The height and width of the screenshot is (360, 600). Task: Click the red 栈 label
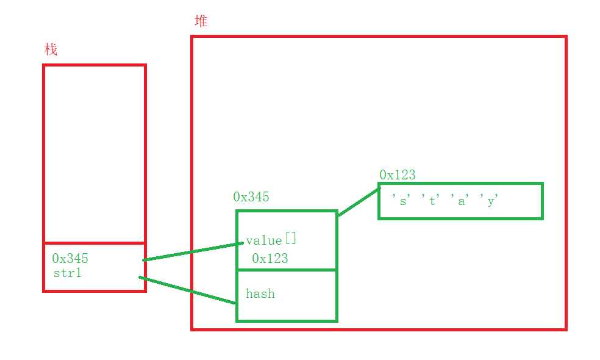pyautogui.click(x=51, y=49)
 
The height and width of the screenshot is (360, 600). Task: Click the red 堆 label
pyautogui.click(x=201, y=21)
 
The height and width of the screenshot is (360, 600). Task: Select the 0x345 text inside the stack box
pyautogui.click(x=70, y=259)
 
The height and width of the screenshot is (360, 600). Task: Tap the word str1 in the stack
pyautogui.click(x=67, y=273)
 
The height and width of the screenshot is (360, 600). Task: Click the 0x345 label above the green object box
pyautogui.click(x=251, y=196)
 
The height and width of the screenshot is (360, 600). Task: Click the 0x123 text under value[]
pyautogui.click(x=270, y=258)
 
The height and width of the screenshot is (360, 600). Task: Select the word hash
pyautogui.click(x=260, y=293)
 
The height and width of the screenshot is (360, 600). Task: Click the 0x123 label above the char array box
pyautogui.click(x=397, y=175)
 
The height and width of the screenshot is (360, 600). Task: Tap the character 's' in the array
pyautogui.click(x=402, y=200)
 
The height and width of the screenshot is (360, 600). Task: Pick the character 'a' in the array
pyautogui.click(x=462, y=200)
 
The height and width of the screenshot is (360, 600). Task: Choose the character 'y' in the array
pyautogui.click(x=491, y=200)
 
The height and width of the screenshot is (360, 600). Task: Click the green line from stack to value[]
pyautogui.click(x=193, y=252)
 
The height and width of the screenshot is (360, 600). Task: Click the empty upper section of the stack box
pyautogui.click(x=95, y=153)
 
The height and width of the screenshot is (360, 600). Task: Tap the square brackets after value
pyautogui.click(x=291, y=239)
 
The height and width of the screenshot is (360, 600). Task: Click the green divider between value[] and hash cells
pyautogui.click(x=287, y=270)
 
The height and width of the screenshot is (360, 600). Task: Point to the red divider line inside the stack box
pyautogui.click(x=95, y=243)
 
